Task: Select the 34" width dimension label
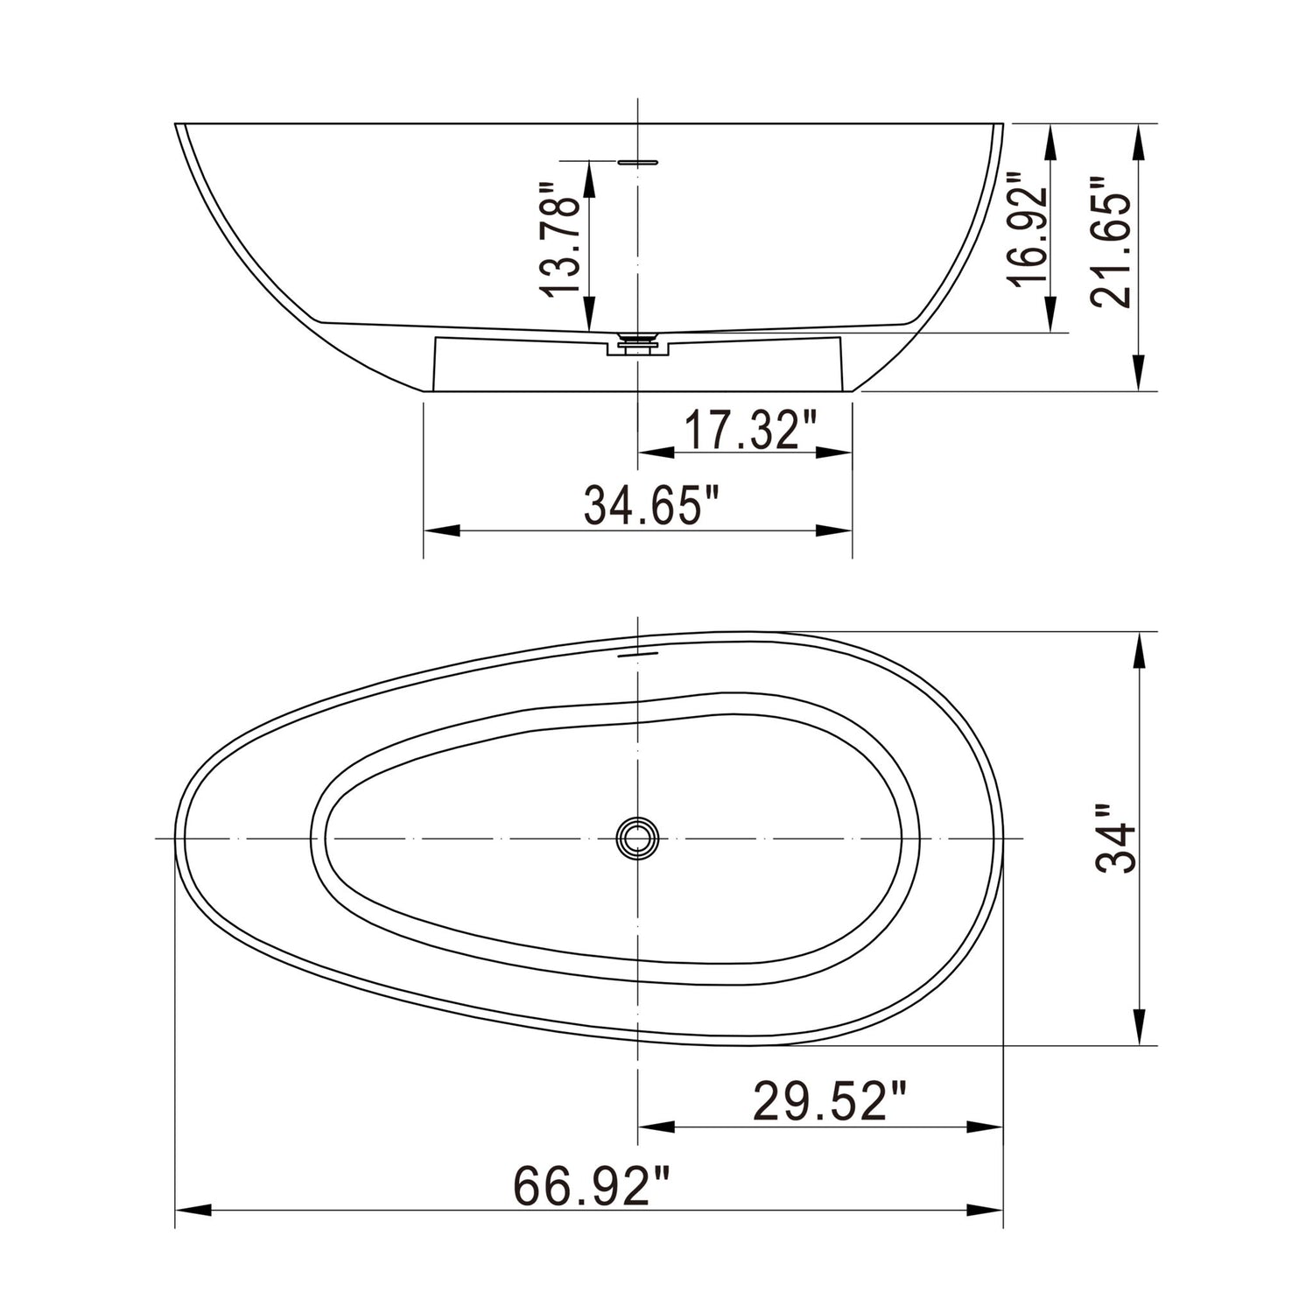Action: [1115, 838]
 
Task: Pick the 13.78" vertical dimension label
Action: [560, 240]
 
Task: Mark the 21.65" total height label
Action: [1111, 242]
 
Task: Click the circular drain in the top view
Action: [637, 838]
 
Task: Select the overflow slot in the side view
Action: [637, 161]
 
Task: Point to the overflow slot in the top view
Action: [637, 652]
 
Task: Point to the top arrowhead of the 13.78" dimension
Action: [588, 179]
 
